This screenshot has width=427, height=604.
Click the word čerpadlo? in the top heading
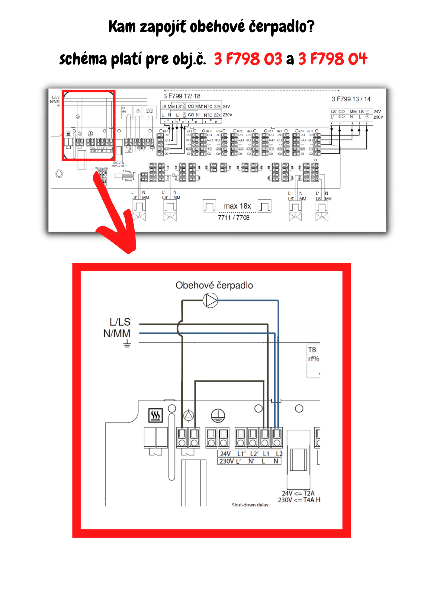click(281, 27)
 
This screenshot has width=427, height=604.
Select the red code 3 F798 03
click(248, 59)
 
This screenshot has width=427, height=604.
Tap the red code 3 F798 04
click(332, 59)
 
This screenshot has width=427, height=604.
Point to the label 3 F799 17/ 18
click(182, 96)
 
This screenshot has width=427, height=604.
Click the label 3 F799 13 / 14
click(351, 99)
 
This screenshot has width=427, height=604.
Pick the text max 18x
click(237, 206)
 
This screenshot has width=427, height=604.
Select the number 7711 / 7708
click(234, 217)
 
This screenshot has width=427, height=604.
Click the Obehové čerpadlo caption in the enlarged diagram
click(214, 285)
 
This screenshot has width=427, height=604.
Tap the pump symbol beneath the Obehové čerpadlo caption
click(210, 300)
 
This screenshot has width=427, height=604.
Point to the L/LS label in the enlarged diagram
click(120, 322)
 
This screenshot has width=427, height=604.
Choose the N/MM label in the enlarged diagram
click(117, 333)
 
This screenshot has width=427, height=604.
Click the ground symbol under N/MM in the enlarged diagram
click(127, 343)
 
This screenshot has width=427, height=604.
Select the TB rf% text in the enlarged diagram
click(313, 354)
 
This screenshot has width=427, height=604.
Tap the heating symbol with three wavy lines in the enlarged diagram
click(156, 416)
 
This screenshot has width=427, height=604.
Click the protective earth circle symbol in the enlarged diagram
click(218, 416)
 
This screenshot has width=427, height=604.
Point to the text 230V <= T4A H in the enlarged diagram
click(299, 500)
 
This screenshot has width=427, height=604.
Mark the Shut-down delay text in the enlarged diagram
click(250, 505)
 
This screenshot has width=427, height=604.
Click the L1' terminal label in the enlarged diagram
click(242, 454)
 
